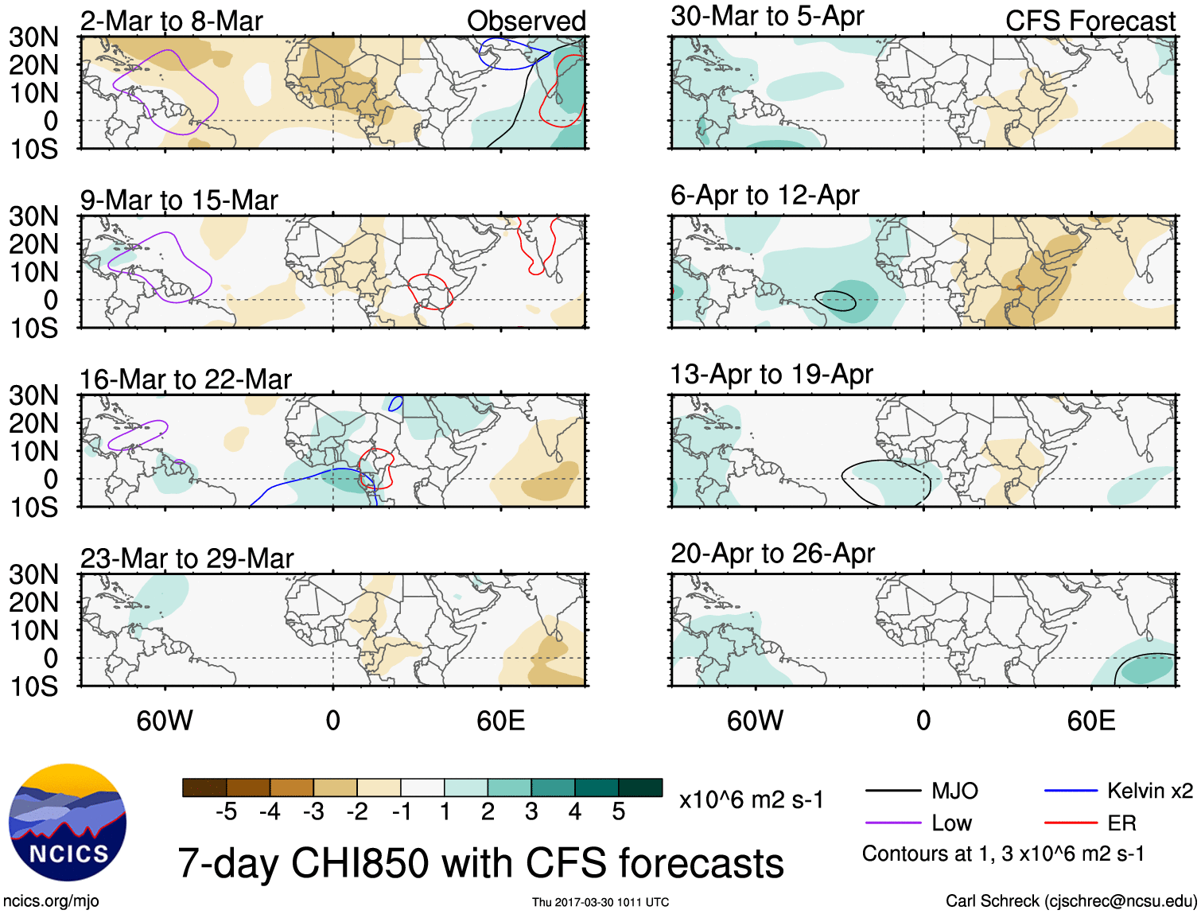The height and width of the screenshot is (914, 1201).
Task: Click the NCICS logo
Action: [68, 823]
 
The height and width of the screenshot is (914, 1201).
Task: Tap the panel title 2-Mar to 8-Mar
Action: [171, 21]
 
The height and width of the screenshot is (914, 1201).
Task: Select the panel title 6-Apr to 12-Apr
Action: [764, 195]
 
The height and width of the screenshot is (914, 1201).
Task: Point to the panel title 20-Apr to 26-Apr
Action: [772, 553]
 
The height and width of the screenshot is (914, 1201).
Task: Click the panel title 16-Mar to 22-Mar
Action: [185, 379]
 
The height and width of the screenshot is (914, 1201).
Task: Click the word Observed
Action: [526, 21]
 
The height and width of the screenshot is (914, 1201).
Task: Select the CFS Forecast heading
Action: [1090, 21]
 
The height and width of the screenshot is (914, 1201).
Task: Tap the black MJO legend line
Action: [893, 791]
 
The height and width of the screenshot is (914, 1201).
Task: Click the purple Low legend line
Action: [893, 823]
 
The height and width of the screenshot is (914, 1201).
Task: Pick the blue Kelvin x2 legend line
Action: [1071, 791]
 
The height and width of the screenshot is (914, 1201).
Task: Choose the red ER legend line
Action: [1071, 823]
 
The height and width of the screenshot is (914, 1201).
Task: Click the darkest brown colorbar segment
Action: [204, 788]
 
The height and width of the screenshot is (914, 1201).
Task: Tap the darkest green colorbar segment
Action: [640, 788]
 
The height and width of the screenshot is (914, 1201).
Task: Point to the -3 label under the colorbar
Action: [313, 812]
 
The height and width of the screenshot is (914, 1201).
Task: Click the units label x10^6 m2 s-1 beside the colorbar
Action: [751, 799]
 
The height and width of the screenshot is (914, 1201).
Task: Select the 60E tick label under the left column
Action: [500, 721]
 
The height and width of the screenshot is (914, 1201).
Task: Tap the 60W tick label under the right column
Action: [755, 721]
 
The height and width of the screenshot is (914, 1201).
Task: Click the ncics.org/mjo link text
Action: [51, 901]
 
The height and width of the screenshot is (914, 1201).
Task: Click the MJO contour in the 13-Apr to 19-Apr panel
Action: [843, 477]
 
